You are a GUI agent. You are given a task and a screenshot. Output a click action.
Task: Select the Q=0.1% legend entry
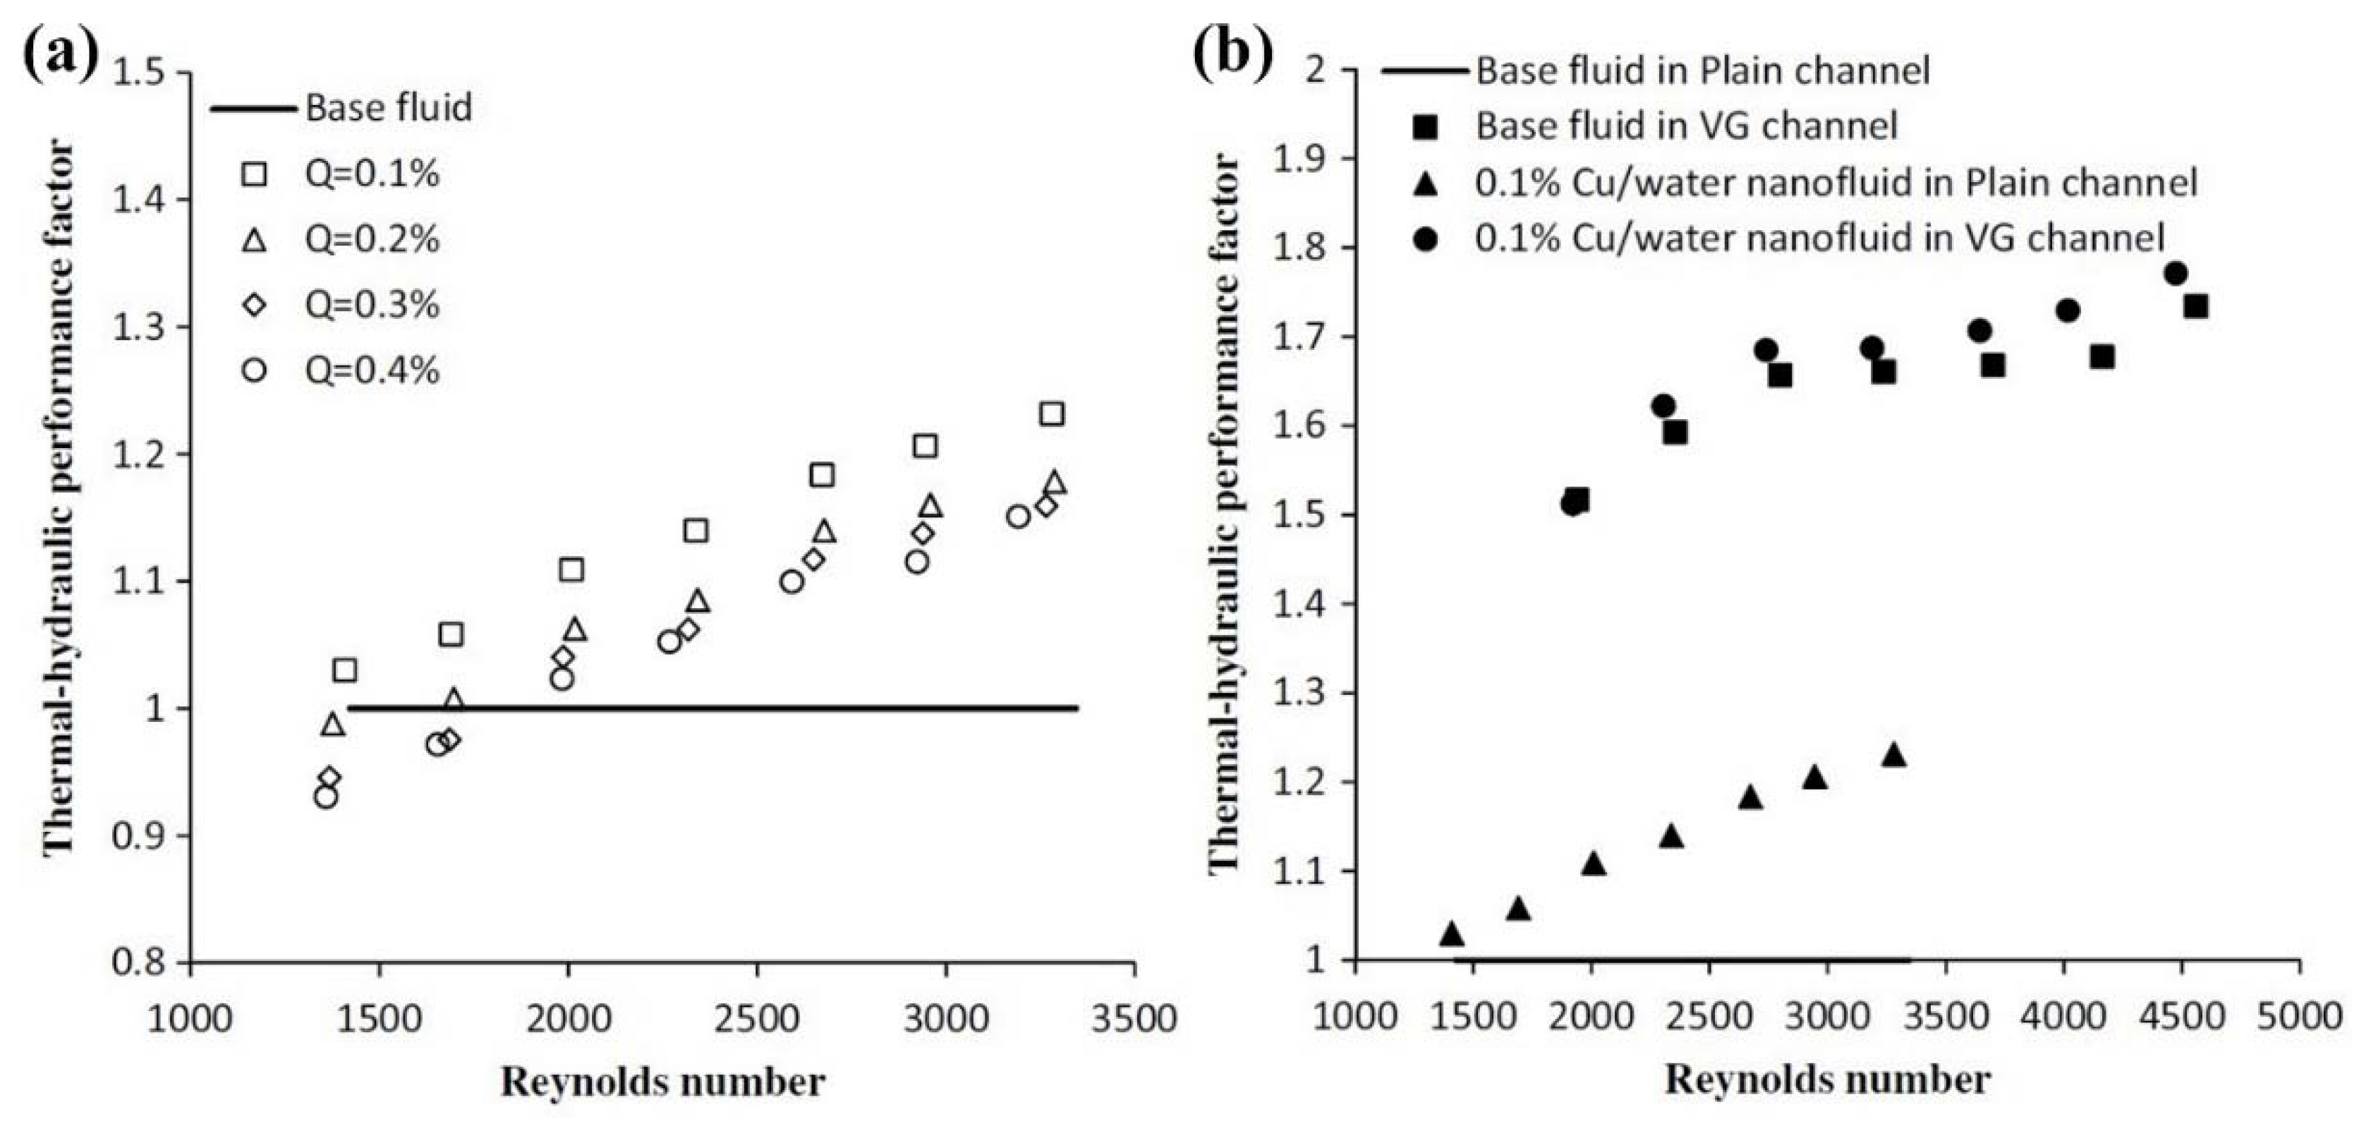click(x=372, y=174)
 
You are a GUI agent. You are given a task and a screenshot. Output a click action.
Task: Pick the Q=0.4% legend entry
click(x=372, y=370)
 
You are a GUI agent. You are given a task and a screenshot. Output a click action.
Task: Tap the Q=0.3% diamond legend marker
click(x=255, y=305)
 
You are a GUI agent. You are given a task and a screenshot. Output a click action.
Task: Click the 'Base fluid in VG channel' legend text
click(x=1686, y=126)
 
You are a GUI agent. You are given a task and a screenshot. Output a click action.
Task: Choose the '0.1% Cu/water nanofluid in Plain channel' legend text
click(x=1835, y=183)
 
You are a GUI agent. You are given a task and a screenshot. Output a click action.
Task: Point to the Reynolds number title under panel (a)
click(x=662, y=1082)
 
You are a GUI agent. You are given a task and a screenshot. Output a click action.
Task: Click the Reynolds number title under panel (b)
click(x=1827, y=1079)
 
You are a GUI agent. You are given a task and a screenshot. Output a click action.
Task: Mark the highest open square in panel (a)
click(x=1053, y=414)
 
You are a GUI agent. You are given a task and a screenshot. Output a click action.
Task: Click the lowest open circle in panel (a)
click(x=325, y=797)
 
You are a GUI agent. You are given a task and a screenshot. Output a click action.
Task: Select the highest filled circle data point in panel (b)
click(x=2176, y=274)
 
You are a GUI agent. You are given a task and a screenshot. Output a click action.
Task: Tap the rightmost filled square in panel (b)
click(x=2195, y=306)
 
